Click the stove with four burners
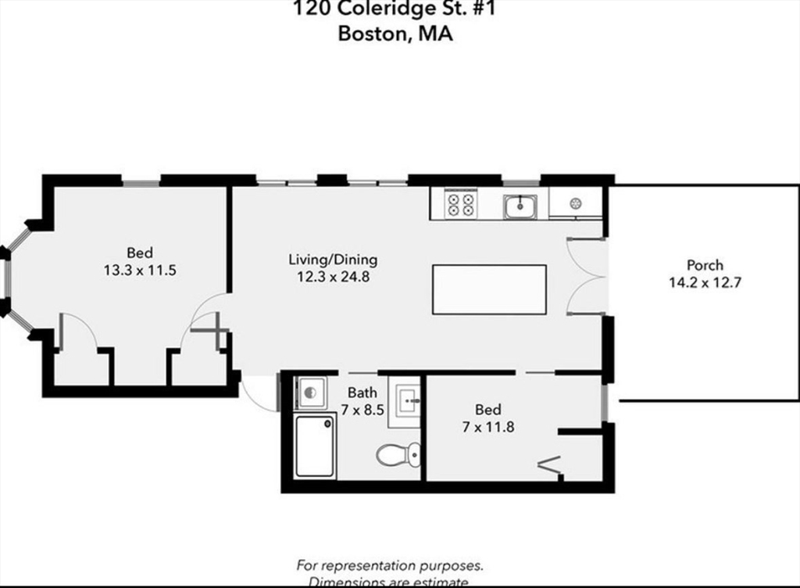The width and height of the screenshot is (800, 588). point(460,205)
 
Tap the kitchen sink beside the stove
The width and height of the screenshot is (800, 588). point(519,206)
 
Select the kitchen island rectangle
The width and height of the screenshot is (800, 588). point(489,289)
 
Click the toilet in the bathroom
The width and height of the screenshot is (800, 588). point(397,454)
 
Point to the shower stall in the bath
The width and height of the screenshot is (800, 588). point(316,446)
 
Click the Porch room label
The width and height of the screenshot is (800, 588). point(705,265)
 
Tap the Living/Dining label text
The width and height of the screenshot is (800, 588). point(333,260)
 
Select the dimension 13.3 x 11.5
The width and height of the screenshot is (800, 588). point(140,270)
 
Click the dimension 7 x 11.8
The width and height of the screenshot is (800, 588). point(488,427)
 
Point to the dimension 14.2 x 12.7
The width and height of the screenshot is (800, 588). point(705,282)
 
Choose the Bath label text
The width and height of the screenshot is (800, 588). point(362,392)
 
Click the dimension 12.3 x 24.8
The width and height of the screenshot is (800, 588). point(333,276)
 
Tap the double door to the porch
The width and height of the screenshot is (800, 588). point(586,275)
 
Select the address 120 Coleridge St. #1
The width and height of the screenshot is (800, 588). point(395,9)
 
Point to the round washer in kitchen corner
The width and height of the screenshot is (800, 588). point(576,203)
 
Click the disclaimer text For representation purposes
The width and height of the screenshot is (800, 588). point(390,565)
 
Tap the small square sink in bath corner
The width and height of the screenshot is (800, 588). point(309,392)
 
